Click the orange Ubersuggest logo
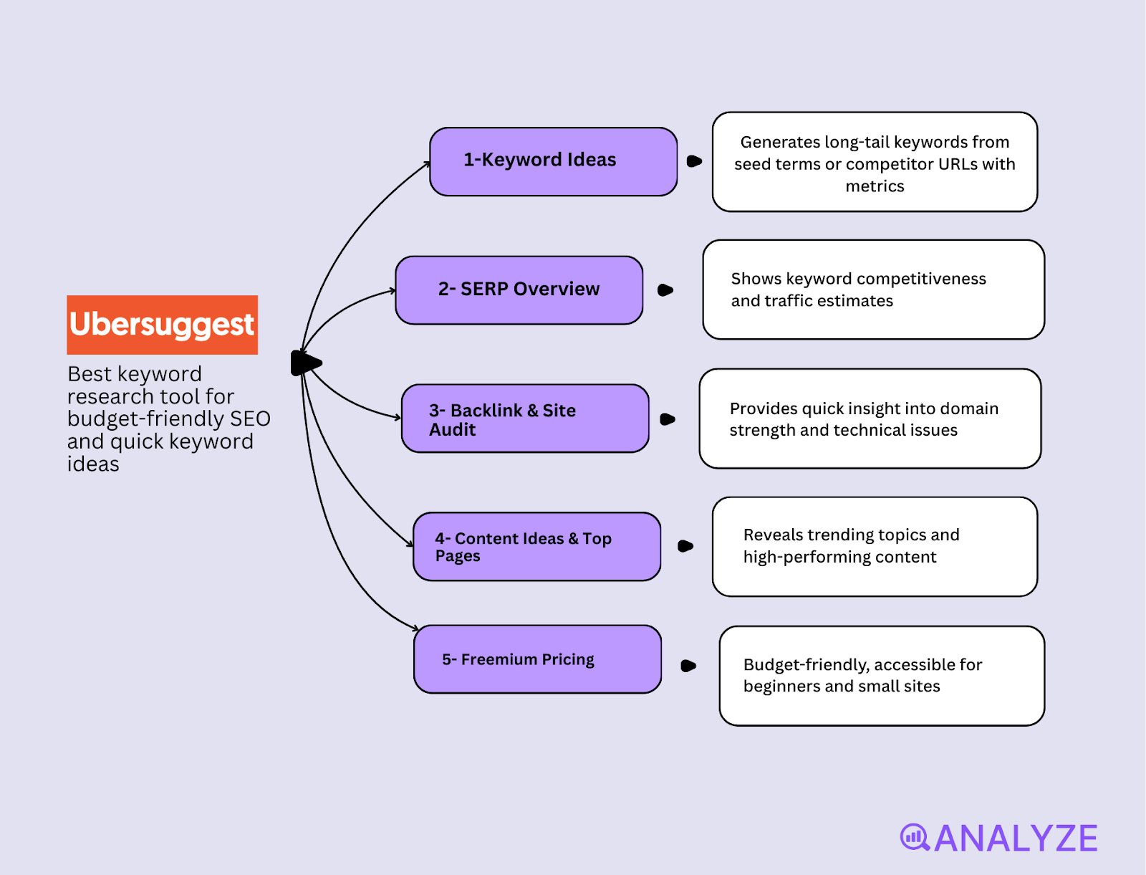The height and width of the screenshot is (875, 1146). tap(162, 325)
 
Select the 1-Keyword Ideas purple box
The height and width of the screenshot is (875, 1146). tap(553, 161)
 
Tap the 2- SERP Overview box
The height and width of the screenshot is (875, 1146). tap(519, 290)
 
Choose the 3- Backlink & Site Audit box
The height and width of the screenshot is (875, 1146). tap(524, 419)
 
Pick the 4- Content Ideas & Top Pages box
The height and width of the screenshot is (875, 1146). tap(536, 546)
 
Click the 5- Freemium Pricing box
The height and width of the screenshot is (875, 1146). tap(536, 659)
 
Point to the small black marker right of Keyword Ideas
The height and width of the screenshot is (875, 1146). tap(693, 161)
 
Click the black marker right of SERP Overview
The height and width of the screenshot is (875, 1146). tap(665, 290)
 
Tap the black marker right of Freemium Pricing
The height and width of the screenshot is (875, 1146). tap(688, 666)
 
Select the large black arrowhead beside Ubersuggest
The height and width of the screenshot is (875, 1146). tap(306, 363)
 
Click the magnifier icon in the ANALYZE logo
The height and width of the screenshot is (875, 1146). tap(915, 837)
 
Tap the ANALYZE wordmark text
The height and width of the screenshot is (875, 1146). tap(1016, 838)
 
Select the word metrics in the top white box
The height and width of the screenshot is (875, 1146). tap(875, 186)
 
